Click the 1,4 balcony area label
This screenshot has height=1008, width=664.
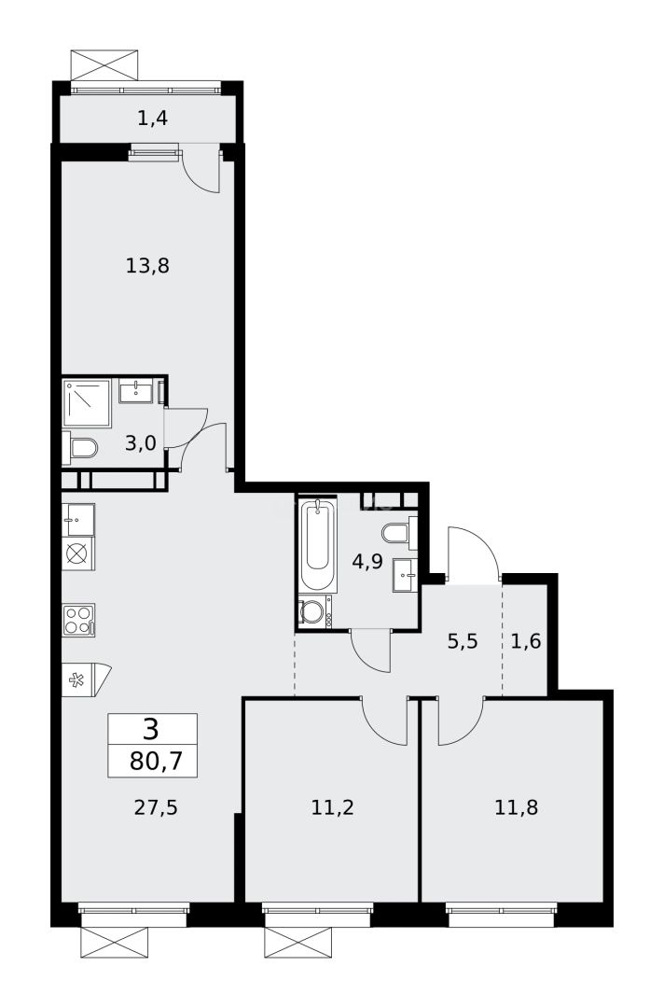[x=152, y=118]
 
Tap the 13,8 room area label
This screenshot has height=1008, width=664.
[x=147, y=266]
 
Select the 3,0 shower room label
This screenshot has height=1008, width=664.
[x=140, y=443]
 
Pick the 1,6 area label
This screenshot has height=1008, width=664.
[x=525, y=642]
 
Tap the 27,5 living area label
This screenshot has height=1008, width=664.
[x=156, y=807]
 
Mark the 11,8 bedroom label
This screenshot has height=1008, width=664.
[x=516, y=807]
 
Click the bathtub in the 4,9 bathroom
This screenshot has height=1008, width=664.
[x=316, y=546]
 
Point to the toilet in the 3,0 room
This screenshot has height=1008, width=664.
[x=82, y=449]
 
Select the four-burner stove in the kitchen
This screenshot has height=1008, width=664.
[x=78, y=620]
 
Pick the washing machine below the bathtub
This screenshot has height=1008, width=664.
[x=312, y=612]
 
